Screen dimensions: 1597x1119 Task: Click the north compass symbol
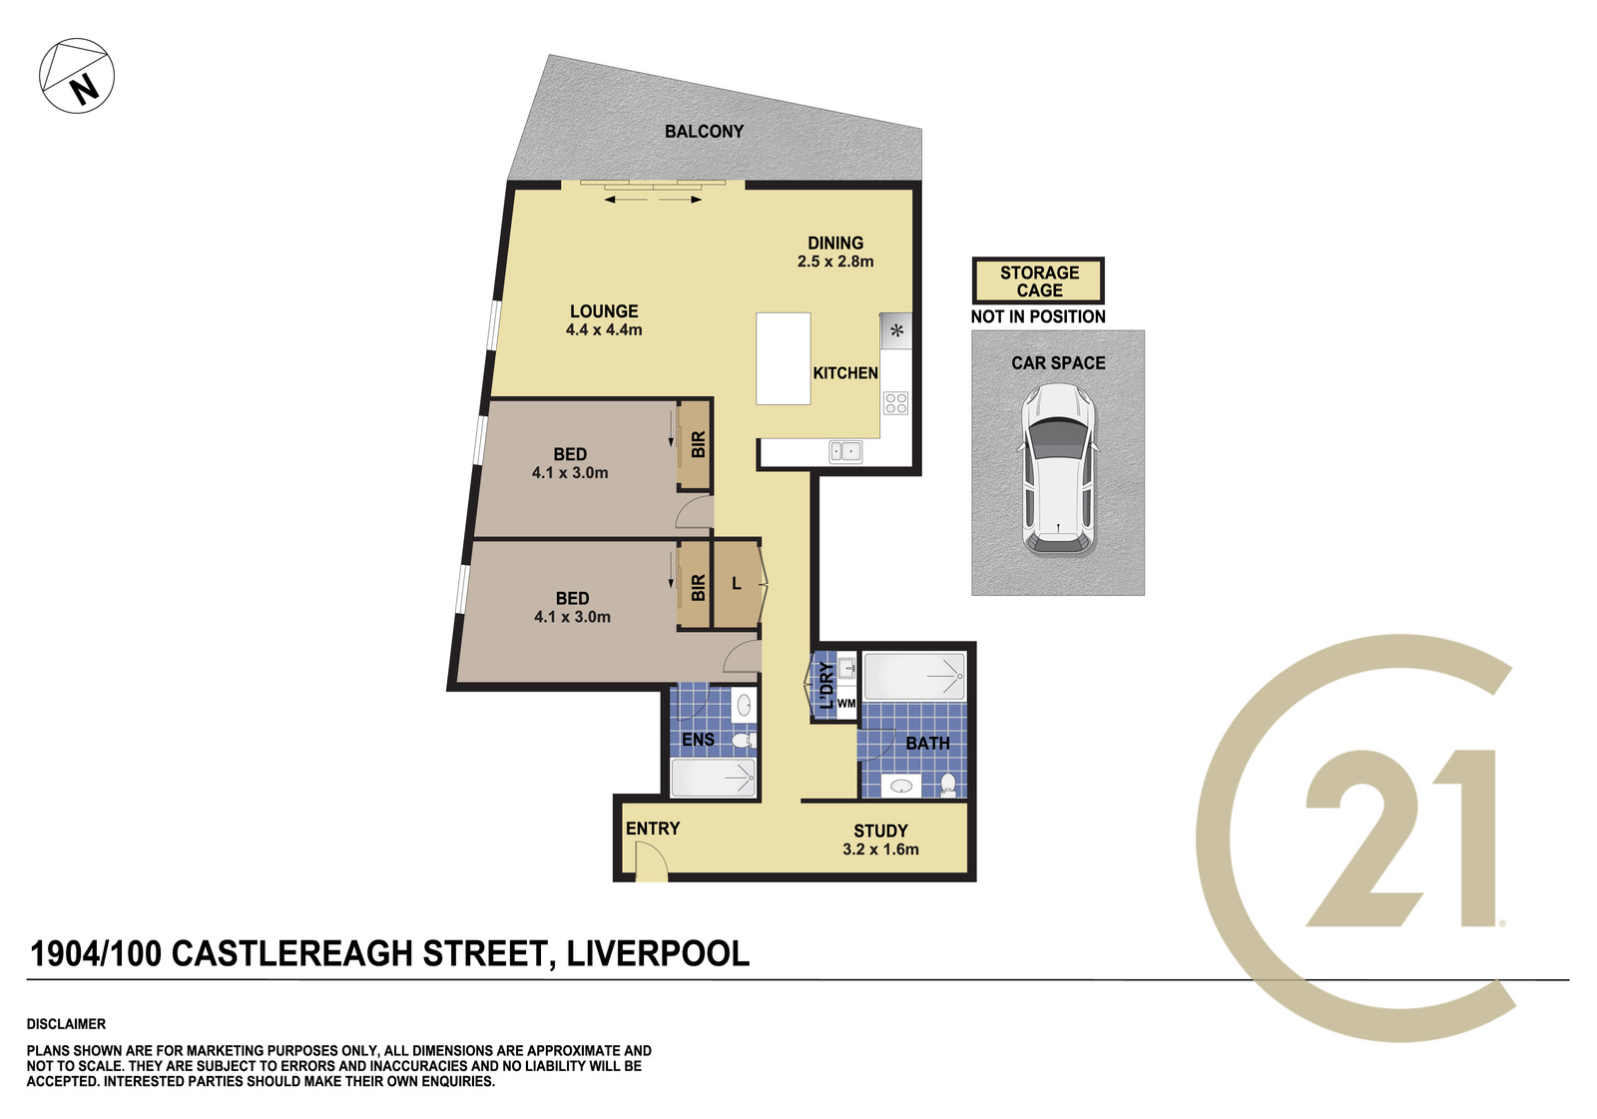76,76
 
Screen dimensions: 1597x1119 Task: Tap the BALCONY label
704,131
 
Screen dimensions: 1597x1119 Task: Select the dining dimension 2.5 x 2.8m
834,262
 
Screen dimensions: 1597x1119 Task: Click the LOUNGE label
604,311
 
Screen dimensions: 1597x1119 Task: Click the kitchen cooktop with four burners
895,403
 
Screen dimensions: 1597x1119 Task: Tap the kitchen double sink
844,451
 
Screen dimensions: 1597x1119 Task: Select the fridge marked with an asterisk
896,331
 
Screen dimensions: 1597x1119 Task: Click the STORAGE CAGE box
1038,281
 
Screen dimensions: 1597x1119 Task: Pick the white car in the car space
1058,469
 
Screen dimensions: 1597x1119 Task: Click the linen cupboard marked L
737,584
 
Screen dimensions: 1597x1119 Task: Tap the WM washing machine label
846,703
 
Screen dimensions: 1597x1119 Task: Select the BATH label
927,743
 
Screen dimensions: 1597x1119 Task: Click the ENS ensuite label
698,740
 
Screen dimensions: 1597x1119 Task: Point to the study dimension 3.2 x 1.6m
880,849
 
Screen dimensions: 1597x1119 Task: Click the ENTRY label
653,828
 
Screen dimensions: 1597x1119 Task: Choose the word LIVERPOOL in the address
658,953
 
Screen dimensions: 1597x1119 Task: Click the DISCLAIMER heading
66,1024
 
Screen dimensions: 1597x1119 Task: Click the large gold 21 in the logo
1400,838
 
